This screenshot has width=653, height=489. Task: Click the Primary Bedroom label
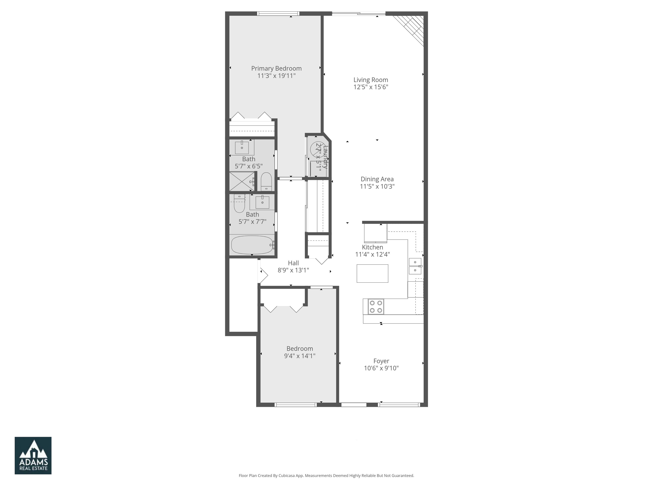coord(276,68)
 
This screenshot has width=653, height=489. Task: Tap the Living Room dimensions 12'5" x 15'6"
coord(371,87)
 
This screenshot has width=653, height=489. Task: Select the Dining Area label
coord(377,179)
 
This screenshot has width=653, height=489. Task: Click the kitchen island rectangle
coord(372,274)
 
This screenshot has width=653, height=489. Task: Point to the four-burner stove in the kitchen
coord(376,306)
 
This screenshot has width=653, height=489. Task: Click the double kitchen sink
coord(415,266)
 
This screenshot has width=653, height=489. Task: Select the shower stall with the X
coord(241,181)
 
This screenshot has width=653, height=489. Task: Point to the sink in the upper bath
coord(242,147)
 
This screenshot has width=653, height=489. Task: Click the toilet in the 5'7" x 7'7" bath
coord(239,203)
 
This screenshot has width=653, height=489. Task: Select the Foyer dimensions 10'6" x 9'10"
coord(381,368)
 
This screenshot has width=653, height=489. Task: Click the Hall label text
coord(293,263)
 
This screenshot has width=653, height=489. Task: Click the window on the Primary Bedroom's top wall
coord(278,14)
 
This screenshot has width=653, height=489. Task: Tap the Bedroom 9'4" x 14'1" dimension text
coord(300,356)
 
